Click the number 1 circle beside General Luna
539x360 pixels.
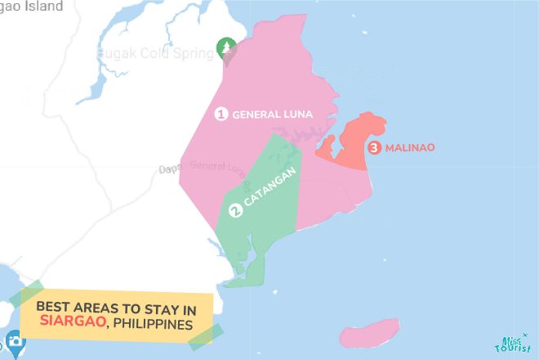[x=220, y=114]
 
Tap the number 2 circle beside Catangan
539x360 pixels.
[x=236, y=210]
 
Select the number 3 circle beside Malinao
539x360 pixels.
[x=374, y=148]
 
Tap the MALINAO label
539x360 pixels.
[x=411, y=148]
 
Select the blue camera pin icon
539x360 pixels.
[x=15, y=342]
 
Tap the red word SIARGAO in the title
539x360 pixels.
[x=71, y=324]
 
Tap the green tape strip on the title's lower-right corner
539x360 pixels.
[x=206, y=336]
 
